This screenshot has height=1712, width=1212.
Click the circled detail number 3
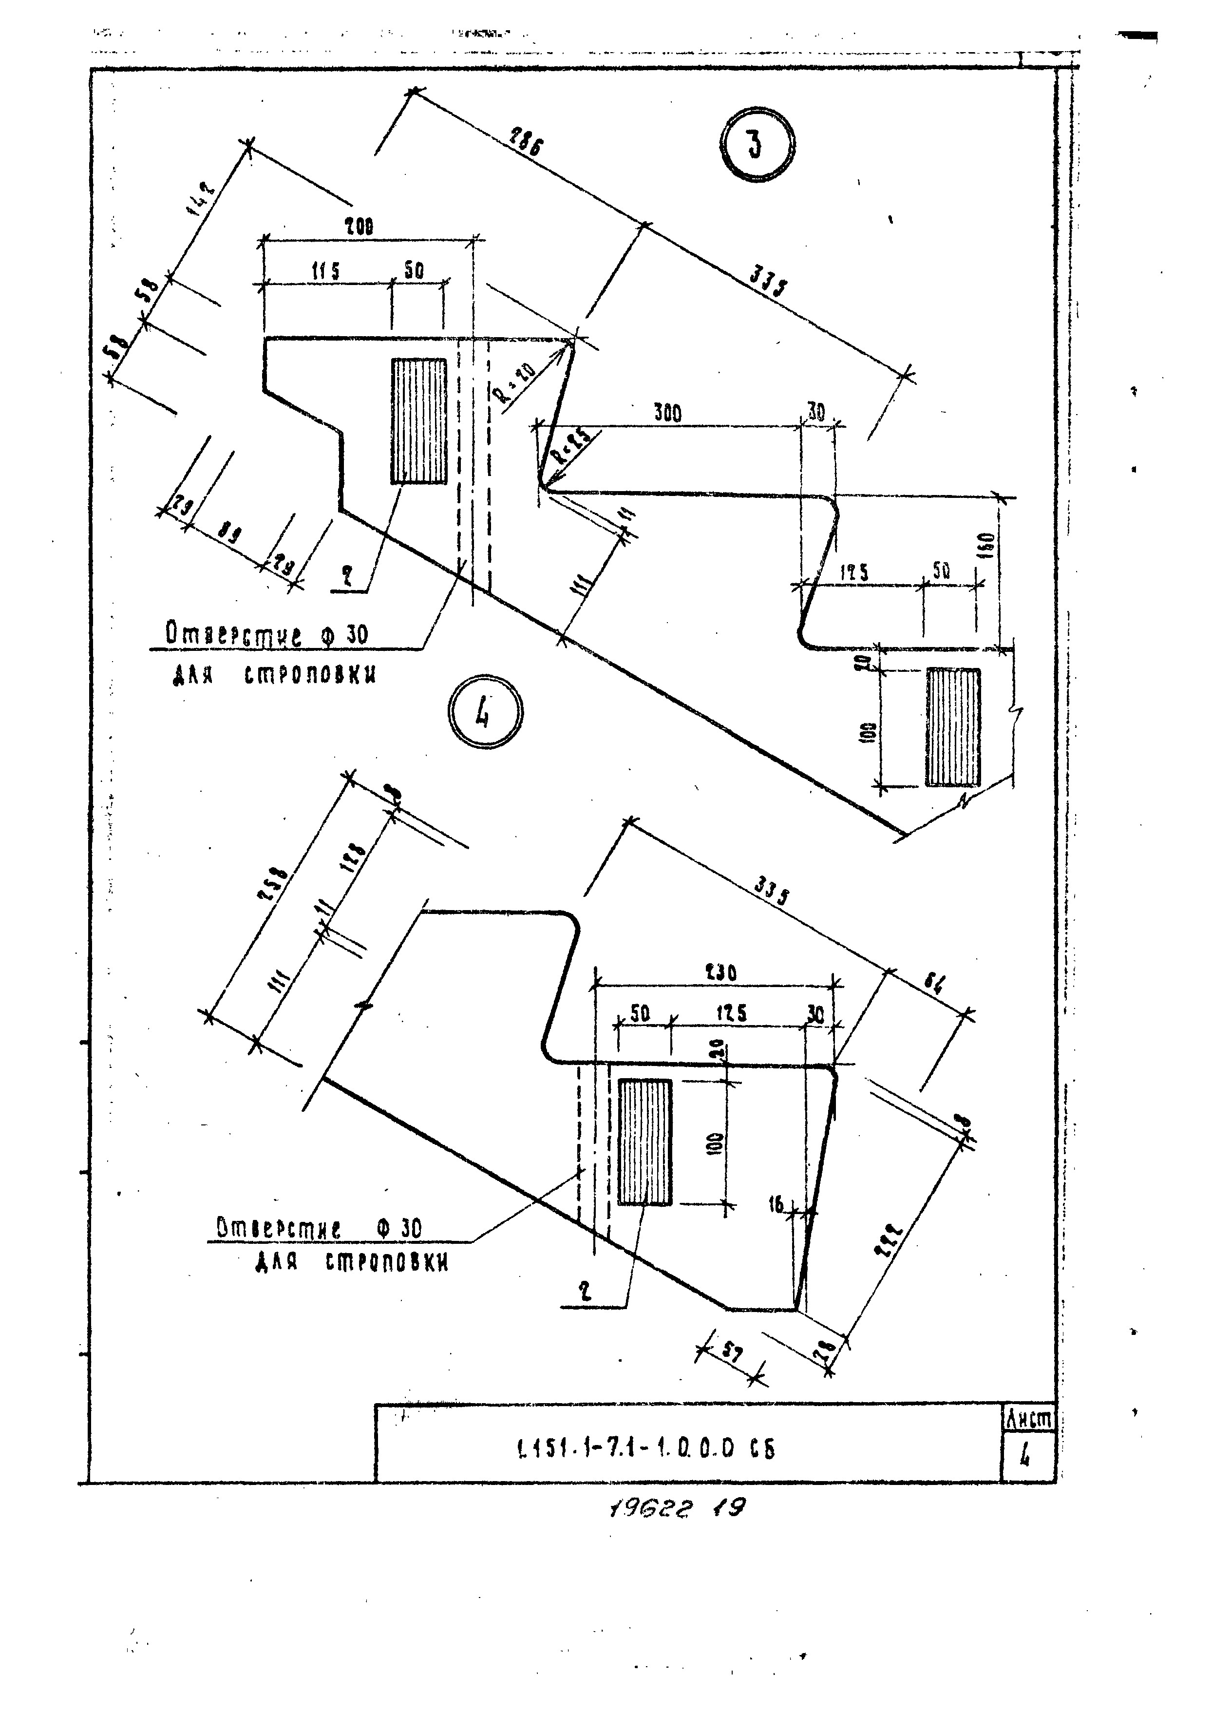756,144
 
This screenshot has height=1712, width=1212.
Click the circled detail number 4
485,712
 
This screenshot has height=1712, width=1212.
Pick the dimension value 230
720,973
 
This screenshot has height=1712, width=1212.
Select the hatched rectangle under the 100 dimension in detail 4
645,1142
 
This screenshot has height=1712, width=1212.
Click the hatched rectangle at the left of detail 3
418,421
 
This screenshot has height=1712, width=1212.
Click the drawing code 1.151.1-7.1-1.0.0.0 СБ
645,1449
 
